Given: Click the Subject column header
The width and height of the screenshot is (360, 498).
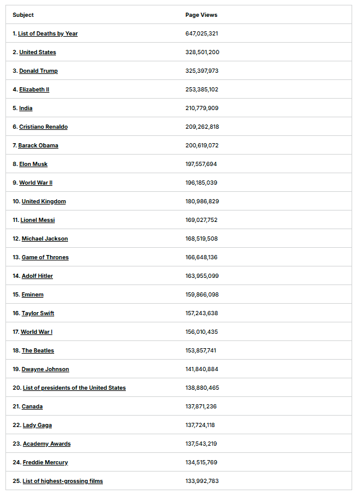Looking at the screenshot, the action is point(23,15).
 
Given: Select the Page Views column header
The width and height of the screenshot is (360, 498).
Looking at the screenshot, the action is point(201,15).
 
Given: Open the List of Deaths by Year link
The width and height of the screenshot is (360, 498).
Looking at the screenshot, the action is point(48,34).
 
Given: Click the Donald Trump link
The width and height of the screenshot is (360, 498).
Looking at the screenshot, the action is point(39,71).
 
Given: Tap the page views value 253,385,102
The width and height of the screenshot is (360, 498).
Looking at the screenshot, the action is point(202,90).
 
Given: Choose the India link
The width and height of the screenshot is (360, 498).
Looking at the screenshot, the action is point(26,108).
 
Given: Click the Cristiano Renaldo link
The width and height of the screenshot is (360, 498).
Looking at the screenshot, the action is point(43,127).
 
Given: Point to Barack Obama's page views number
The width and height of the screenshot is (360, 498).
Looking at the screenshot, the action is point(202,146).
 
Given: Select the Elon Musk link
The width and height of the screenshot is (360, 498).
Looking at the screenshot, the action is point(33,164).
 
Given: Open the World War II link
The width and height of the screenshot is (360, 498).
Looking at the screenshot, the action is point(36,183).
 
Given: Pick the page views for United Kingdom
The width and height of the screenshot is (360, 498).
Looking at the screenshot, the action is point(202,201).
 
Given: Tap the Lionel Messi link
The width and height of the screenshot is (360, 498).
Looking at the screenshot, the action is point(37,220).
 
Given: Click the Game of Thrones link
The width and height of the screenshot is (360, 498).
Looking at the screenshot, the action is point(45,257).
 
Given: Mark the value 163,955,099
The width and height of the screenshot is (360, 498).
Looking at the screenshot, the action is point(202,276).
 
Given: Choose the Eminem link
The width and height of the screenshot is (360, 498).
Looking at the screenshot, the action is point(33,295).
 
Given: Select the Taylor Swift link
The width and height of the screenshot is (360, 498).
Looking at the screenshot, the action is point(38,313).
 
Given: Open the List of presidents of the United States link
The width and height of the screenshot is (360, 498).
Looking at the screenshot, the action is point(74,388).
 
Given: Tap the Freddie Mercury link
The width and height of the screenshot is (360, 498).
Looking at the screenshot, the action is point(45,463).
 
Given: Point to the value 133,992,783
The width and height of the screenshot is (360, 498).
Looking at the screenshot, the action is point(202,481).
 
